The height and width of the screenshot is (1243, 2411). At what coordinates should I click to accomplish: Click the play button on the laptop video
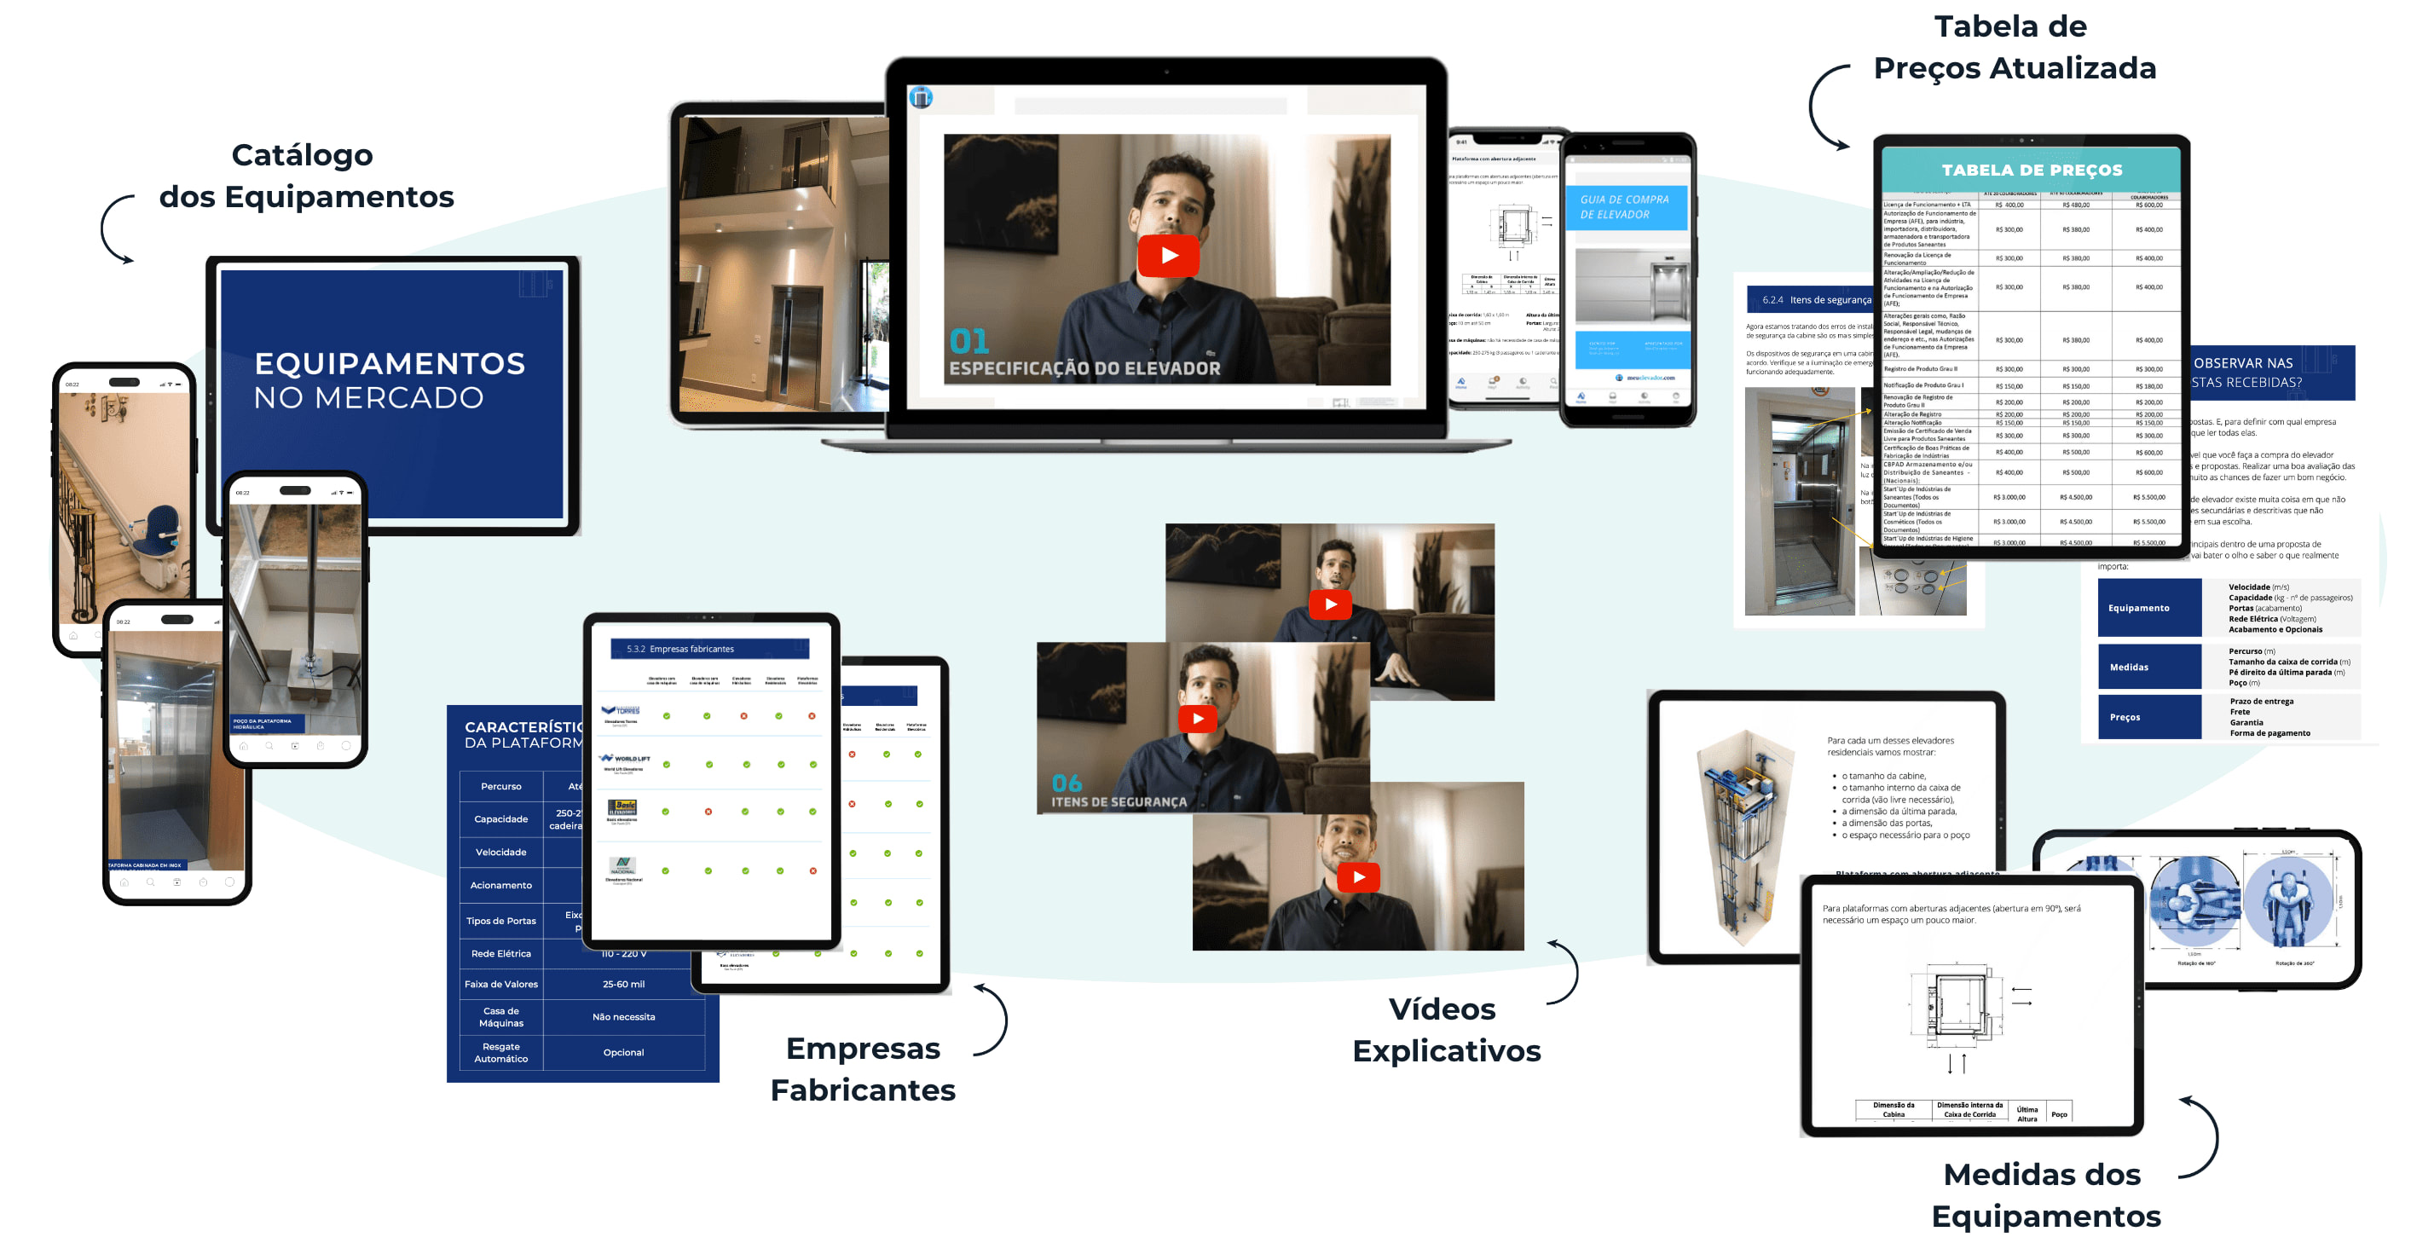(x=1168, y=256)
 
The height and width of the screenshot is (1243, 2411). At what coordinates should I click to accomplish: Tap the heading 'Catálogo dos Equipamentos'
(x=305, y=176)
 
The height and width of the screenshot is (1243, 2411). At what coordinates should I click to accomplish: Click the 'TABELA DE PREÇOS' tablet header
(x=2031, y=171)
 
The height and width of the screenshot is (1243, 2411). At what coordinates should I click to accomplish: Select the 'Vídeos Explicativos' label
(x=1445, y=1030)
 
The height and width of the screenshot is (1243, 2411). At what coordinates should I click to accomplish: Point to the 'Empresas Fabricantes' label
(x=862, y=1069)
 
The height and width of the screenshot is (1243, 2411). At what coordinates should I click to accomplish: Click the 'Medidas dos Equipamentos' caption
(x=2045, y=1194)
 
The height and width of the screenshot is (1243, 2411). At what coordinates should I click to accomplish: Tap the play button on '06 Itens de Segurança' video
(x=1197, y=718)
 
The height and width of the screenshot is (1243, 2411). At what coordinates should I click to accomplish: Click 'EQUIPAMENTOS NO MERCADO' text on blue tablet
(x=390, y=380)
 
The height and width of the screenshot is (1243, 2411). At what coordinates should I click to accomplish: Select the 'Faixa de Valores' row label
(x=500, y=984)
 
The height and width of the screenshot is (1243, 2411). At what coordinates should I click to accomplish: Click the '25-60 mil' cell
(x=623, y=984)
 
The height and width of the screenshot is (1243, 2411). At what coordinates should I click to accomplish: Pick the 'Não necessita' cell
(x=623, y=1016)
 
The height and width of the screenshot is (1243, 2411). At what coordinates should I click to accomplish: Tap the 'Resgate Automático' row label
(x=500, y=1052)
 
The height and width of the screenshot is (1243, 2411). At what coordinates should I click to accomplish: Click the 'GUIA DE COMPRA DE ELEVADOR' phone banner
(x=1626, y=207)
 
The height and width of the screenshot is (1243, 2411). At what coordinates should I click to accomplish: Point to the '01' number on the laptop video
(x=968, y=341)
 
